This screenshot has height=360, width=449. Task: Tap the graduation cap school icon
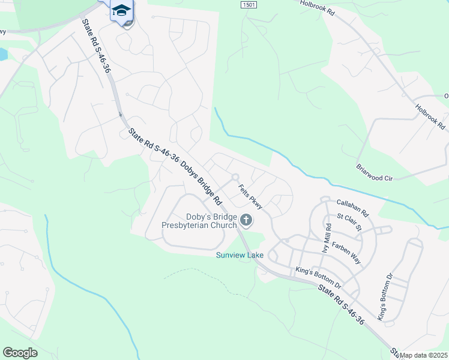click(121, 10)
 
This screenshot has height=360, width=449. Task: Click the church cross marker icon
click(246, 221)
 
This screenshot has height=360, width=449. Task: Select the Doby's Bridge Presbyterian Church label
click(202, 221)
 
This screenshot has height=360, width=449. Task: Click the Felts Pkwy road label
click(251, 196)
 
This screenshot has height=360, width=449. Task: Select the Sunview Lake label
click(240, 255)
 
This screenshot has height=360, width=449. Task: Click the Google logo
click(20, 352)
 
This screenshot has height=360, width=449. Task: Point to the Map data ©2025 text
click(424, 355)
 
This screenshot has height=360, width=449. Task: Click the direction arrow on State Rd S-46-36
click(120, 114)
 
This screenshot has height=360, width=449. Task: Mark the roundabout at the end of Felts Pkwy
click(235, 177)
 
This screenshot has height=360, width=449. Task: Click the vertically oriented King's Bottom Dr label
click(385, 298)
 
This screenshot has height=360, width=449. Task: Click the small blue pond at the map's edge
click(3, 55)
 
